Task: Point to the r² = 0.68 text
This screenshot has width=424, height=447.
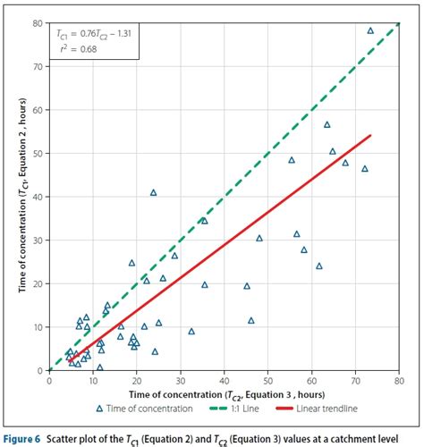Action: (74, 50)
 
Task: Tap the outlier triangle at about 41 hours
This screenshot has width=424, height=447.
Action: (153, 192)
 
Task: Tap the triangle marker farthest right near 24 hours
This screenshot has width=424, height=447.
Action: (319, 266)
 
